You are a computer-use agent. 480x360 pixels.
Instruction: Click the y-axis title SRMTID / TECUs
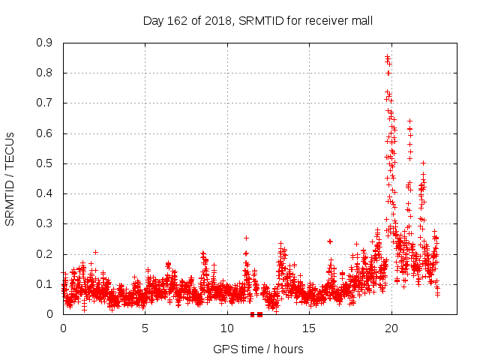[x=10, y=178]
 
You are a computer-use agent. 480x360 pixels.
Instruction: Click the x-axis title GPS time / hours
[x=258, y=349]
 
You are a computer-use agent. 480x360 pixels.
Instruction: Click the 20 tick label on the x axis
[x=391, y=328]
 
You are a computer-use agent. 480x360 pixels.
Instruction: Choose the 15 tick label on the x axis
[x=309, y=328]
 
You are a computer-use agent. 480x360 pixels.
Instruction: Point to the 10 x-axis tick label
[x=226, y=328]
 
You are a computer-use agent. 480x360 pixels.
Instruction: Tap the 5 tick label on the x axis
[x=145, y=328]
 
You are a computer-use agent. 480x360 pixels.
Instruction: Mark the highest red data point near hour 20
[x=387, y=57]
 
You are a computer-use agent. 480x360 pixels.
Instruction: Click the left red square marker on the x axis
[x=252, y=314]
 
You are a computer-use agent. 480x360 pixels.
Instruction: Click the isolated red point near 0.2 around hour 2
[x=95, y=252]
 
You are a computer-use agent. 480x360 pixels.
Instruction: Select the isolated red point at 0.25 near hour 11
[x=246, y=238]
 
